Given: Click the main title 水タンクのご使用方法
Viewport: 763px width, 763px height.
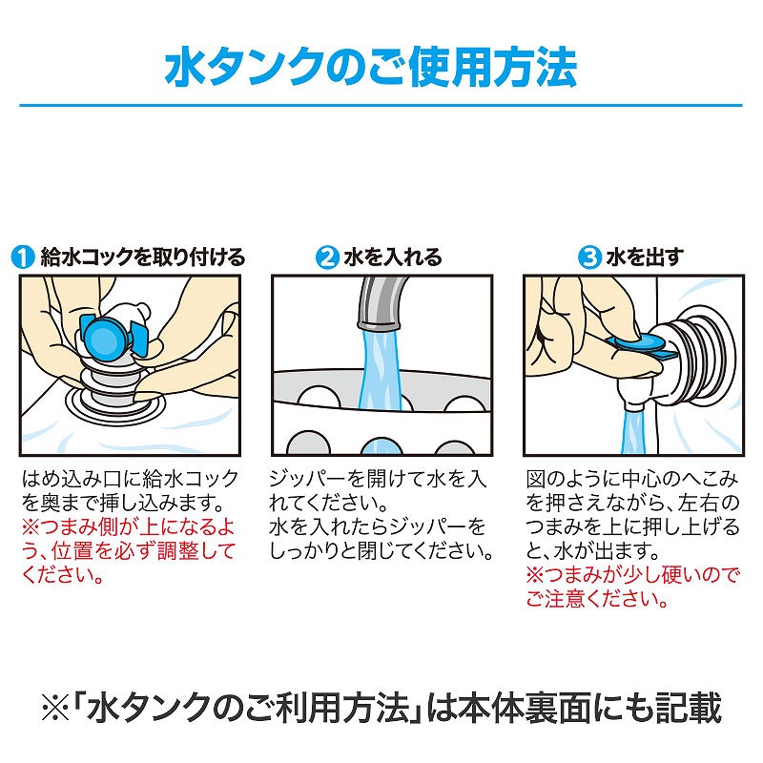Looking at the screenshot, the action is click(x=371, y=67).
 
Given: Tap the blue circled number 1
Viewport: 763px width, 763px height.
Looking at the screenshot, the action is click(x=22, y=257).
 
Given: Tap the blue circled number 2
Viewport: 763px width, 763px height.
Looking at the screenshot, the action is click(x=327, y=257).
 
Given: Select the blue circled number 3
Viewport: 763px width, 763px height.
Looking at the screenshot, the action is click(x=589, y=257).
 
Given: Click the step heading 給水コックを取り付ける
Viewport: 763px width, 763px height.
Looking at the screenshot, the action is click(x=142, y=257).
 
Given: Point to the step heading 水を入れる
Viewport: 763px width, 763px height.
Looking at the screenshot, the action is click(x=393, y=257).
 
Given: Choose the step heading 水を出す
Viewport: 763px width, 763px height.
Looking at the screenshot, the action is click(x=645, y=257).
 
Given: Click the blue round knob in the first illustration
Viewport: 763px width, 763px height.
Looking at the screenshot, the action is click(x=104, y=336).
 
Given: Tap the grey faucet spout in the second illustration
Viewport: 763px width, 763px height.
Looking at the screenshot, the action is click(x=380, y=302).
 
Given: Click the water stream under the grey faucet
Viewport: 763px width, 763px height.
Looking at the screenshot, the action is click(x=381, y=369).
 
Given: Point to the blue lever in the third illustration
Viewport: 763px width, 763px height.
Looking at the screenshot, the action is click(x=641, y=346).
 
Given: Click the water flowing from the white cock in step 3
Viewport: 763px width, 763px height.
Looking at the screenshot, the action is click(x=633, y=432).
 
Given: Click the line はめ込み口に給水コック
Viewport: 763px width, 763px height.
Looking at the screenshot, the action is click(x=130, y=479).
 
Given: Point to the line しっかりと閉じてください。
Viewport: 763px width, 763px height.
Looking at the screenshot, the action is click(x=381, y=551).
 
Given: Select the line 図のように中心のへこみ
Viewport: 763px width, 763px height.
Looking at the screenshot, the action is click(x=632, y=479).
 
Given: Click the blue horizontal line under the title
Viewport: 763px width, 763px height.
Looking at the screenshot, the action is click(x=381, y=105).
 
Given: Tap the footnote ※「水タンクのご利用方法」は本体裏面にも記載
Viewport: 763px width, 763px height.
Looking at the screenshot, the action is click(x=381, y=708).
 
